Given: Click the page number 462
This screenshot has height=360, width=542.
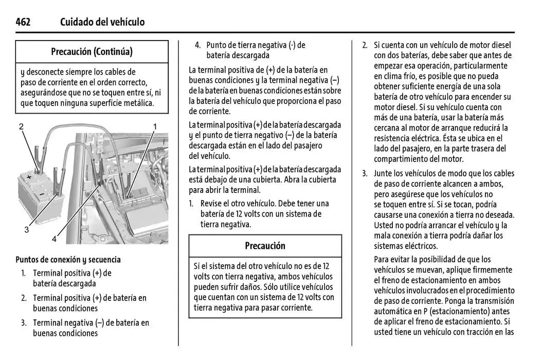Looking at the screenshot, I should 23,22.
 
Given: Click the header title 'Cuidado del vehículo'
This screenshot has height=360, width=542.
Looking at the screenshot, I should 102,22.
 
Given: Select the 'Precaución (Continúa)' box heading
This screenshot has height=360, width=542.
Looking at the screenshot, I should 92,51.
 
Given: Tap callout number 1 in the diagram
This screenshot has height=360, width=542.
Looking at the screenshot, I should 155,126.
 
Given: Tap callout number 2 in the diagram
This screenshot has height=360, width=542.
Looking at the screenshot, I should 22,127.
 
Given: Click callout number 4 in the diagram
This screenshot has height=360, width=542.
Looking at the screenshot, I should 54,239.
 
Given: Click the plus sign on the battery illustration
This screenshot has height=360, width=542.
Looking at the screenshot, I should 29,176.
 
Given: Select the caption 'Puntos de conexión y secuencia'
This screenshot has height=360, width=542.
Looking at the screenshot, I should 68,259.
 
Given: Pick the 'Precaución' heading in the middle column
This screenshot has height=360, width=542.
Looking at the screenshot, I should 265,246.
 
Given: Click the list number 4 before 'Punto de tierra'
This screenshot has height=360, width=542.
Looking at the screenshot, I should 197,45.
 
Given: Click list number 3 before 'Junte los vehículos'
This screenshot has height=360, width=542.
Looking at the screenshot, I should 364,173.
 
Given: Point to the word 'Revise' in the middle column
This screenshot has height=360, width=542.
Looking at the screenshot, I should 212,204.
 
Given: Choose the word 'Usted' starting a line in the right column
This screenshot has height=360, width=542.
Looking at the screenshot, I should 385,225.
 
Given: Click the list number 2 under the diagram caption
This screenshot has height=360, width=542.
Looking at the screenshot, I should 24,298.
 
